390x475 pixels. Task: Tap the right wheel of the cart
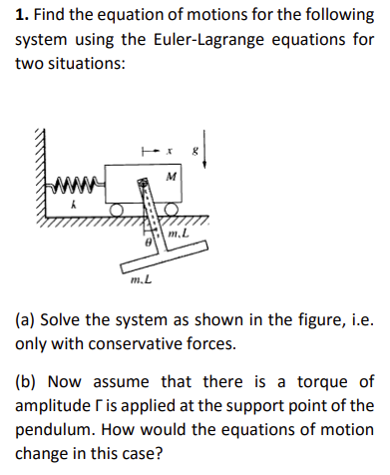182,211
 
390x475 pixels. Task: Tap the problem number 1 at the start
19,15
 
